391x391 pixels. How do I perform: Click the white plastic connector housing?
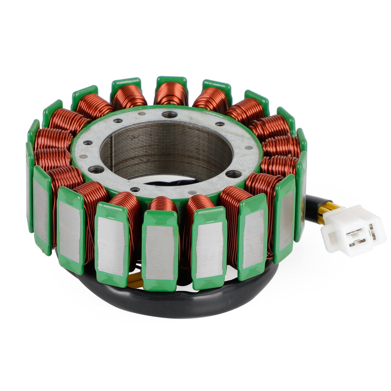pos(354,230)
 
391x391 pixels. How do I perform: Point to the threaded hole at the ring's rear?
pos(170,114)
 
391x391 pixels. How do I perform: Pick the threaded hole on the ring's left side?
pos(96,169)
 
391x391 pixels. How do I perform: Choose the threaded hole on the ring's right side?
pos(233,174)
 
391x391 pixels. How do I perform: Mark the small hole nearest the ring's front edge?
pos(135,189)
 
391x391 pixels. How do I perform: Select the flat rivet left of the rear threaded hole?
pos(142,113)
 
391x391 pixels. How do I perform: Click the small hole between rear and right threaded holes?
pos(219,123)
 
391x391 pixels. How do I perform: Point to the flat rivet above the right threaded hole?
pos(249,148)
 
